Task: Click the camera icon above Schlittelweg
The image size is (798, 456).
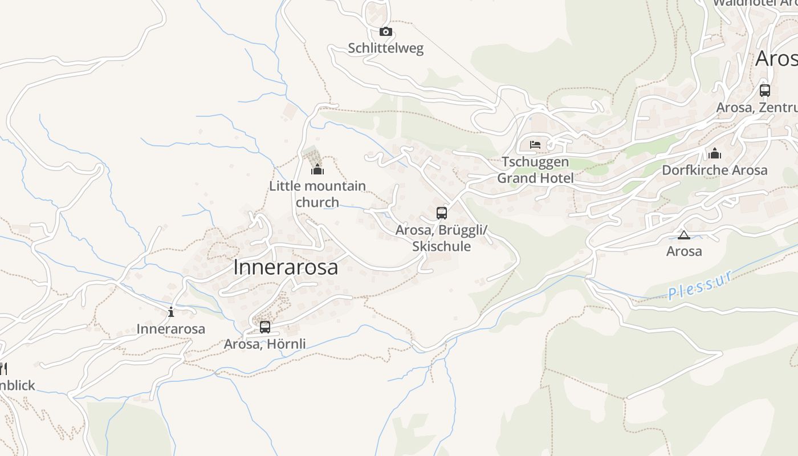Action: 386,32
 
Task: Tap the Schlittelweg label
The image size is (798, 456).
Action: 386,48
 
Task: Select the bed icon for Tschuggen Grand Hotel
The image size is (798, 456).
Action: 535,144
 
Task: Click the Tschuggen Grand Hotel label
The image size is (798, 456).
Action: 535,170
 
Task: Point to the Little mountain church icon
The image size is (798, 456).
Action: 317,169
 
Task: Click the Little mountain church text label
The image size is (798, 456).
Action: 317,194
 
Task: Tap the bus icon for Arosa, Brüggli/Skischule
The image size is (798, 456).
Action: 442,213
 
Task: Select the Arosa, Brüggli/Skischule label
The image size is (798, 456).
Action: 442,238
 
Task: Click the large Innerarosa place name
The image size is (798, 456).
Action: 286,267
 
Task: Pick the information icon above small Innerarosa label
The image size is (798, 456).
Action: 171,312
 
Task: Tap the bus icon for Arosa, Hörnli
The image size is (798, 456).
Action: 265,327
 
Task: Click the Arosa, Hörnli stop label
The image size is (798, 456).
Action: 265,344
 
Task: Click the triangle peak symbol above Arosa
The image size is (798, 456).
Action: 684,235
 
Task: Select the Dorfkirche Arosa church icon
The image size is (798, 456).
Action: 715,153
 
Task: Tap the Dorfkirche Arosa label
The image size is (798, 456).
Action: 715,170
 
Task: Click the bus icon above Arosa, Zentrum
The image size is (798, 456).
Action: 765,90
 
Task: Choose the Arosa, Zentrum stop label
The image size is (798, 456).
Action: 757,107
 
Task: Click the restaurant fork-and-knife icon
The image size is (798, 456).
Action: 3,369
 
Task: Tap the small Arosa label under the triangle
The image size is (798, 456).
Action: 684,251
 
